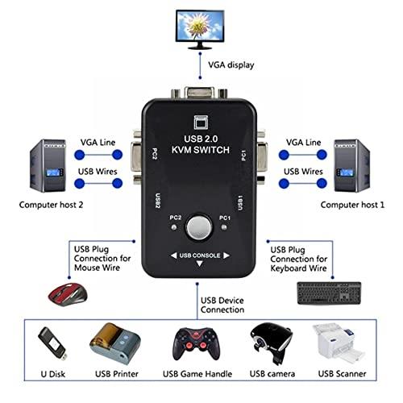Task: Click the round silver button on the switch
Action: (199, 227)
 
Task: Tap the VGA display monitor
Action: (200, 30)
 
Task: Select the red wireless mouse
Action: (68, 294)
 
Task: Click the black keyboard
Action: (329, 293)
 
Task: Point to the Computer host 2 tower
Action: (48, 165)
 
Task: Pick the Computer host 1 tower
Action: (351, 165)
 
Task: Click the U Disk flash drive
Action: (52, 343)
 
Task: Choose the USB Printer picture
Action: (115, 343)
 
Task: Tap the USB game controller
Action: (197, 344)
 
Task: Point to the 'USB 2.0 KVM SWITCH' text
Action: (201, 144)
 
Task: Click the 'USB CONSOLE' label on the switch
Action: (200, 256)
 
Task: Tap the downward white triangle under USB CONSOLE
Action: (200, 264)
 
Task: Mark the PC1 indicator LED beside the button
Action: (224, 227)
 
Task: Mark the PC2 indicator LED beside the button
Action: (174, 227)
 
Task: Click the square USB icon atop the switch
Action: (201, 123)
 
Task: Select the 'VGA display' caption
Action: (231, 65)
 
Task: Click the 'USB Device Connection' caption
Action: (222, 305)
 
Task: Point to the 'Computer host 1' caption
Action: (352, 205)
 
